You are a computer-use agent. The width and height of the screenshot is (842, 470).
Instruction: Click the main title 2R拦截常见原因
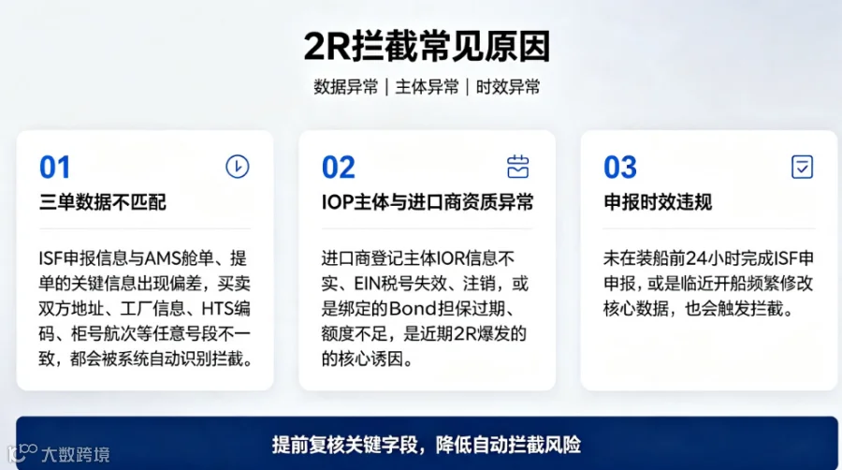coord(427,46)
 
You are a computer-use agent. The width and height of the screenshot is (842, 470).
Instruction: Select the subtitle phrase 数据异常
coord(346,87)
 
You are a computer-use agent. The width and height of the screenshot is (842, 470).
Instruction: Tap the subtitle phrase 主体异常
coord(427,87)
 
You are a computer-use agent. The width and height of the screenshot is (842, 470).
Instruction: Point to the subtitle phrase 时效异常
coord(508,87)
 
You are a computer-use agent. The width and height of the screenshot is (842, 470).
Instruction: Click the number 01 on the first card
coord(55,167)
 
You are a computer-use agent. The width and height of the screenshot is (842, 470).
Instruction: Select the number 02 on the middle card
coord(339,167)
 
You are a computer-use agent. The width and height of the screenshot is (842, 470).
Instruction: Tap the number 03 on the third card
coord(620,167)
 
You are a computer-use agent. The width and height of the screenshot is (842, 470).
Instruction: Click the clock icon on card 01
coord(238,167)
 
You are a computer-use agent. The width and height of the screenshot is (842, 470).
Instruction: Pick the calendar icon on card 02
coord(517,167)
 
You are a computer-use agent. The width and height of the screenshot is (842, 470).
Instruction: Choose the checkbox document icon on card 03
coord(803,167)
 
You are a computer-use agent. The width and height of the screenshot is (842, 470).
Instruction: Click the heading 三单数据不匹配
coord(103,202)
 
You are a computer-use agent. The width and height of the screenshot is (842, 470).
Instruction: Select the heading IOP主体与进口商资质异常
coord(428,202)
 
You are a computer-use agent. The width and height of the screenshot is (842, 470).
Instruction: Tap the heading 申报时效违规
coord(658,202)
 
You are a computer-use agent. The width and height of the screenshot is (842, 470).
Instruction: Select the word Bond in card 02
coord(413,309)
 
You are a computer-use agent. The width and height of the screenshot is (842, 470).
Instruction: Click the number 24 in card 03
coord(698,259)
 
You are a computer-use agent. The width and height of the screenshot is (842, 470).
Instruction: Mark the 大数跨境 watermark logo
coord(59,454)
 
